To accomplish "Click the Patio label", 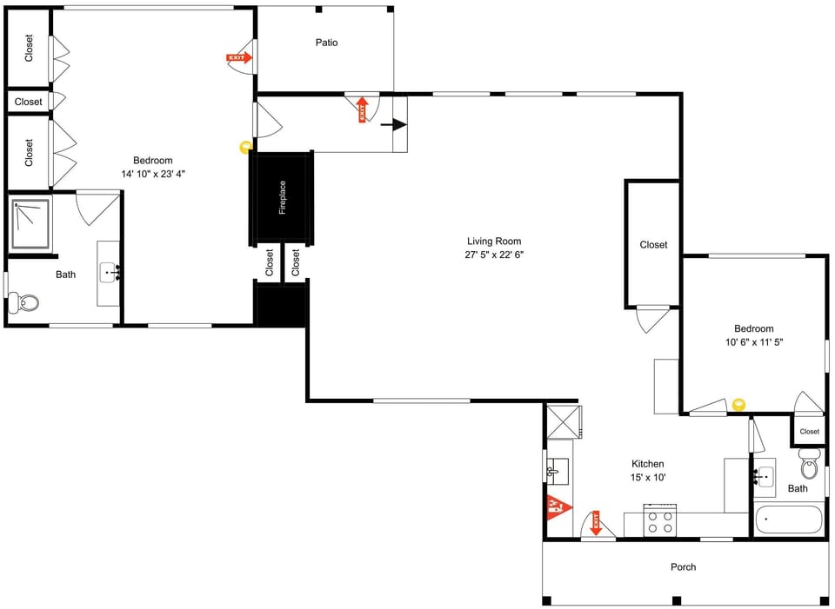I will (326, 43).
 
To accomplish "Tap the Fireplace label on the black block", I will (282, 198).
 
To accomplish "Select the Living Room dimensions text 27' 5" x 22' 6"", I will (494, 255).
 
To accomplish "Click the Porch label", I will (683, 567).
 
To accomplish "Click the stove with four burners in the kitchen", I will (660, 521).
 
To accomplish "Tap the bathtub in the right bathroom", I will (787, 520).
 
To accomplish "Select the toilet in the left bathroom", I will (23, 303).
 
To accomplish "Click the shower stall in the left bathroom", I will (30, 223).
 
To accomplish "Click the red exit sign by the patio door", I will (238, 58).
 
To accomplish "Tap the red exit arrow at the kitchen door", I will (597, 522).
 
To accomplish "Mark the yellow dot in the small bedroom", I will (739, 404).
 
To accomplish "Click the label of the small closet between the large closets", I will (28, 102).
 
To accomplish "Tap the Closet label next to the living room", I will (653, 245).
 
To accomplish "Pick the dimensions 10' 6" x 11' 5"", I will (753, 342).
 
